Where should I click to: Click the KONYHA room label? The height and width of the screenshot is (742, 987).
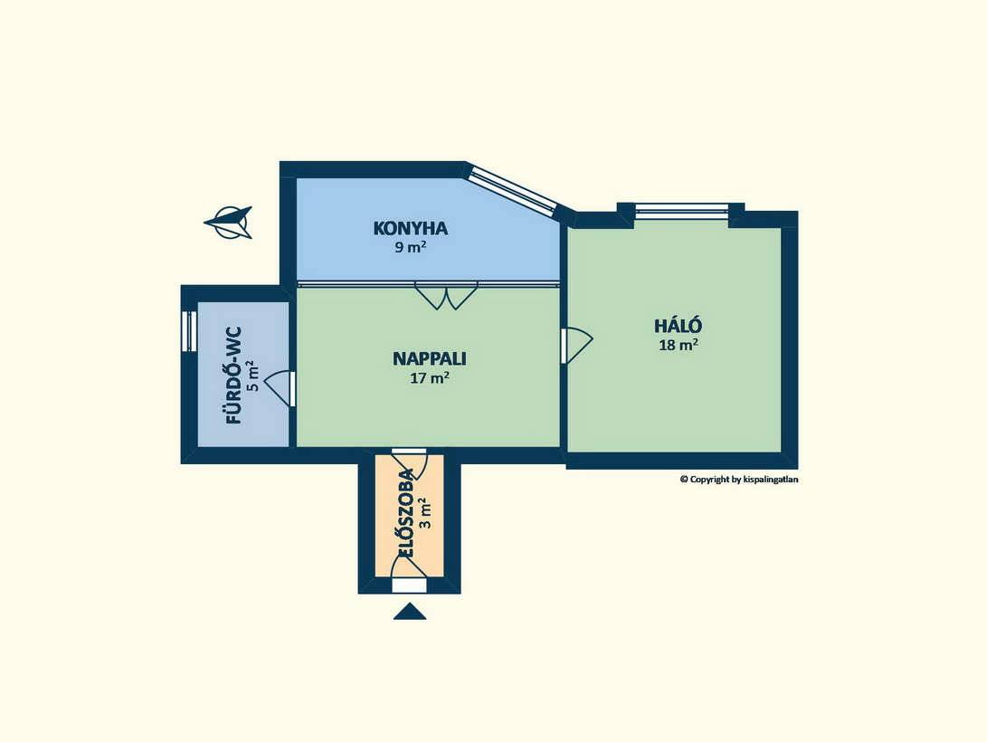pyautogui.click(x=411, y=228)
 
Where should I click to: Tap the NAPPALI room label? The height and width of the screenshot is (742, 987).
pyautogui.click(x=430, y=358)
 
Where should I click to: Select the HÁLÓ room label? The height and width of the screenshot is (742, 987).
pyautogui.click(x=678, y=326)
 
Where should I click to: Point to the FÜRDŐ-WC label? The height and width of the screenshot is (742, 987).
pyautogui.click(x=233, y=376)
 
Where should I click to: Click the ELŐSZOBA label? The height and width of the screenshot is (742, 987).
pyautogui.click(x=406, y=512)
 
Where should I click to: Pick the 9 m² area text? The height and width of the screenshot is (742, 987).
pyautogui.click(x=411, y=247)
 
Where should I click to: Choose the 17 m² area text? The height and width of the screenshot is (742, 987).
pyautogui.click(x=430, y=377)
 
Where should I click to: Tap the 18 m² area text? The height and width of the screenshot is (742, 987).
pyautogui.click(x=678, y=344)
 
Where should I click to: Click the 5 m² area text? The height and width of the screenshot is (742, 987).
pyautogui.click(x=253, y=376)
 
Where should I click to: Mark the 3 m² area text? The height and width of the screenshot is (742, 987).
pyautogui.click(x=426, y=513)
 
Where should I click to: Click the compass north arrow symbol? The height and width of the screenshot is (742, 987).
pyautogui.click(x=228, y=223)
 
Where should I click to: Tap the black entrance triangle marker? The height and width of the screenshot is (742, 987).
pyautogui.click(x=410, y=612)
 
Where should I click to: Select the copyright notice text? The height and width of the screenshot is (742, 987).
pyautogui.click(x=739, y=479)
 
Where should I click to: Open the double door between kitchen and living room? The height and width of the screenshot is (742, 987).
pyautogui.click(x=446, y=296)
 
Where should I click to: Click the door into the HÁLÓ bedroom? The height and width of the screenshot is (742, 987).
pyautogui.click(x=576, y=345)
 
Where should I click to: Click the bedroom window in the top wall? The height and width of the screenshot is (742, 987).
pyautogui.click(x=682, y=211)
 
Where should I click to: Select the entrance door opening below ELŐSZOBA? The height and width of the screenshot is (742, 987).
pyautogui.click(x=409, y=586)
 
